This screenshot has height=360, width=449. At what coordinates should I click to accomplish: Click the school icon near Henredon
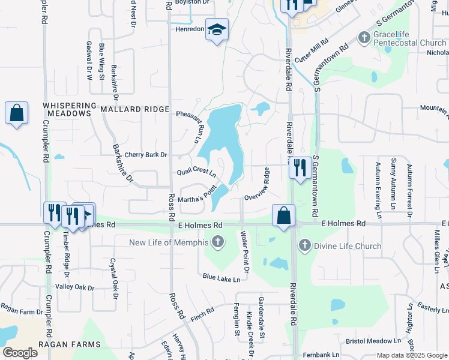[217, 29]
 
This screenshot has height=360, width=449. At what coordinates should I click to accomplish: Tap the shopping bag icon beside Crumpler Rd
[16, 113]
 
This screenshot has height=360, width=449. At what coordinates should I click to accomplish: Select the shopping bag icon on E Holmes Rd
[283, 215]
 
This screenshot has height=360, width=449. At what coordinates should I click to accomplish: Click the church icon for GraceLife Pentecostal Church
[364, 38]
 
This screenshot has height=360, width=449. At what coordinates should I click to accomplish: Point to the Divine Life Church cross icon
[304, 245]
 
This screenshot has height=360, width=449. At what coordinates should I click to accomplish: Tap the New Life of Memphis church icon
[217, 242]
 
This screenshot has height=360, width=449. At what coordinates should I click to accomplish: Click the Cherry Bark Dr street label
[145, 155]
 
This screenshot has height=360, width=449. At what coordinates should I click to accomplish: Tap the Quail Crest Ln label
[197, 172]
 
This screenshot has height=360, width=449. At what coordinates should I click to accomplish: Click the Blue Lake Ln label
[221, 278]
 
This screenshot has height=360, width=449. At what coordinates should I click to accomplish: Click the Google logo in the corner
[20, 353]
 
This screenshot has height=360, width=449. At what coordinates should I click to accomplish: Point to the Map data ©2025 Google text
[412, 356]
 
